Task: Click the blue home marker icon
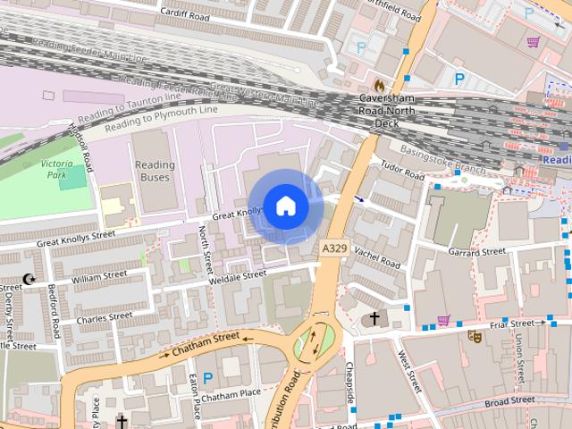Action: pyautogui.click(x=285, y=206)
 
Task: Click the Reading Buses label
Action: pyautogui.click(x=155, y=172)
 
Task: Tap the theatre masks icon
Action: pyautogui.click(x=475, y=337)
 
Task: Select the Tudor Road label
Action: pyautogui.click(x=402, y=171)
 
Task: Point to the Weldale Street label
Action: pyautogui.click(x=238, y=278)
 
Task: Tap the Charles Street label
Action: pyautogui.click(x=105, y=317)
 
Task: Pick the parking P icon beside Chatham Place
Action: pyautogui.click(x=207, y=378)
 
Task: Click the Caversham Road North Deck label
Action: pyautogui.click(x=384, y=110)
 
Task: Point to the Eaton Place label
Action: pyautogui.click(x=195, y=398)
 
